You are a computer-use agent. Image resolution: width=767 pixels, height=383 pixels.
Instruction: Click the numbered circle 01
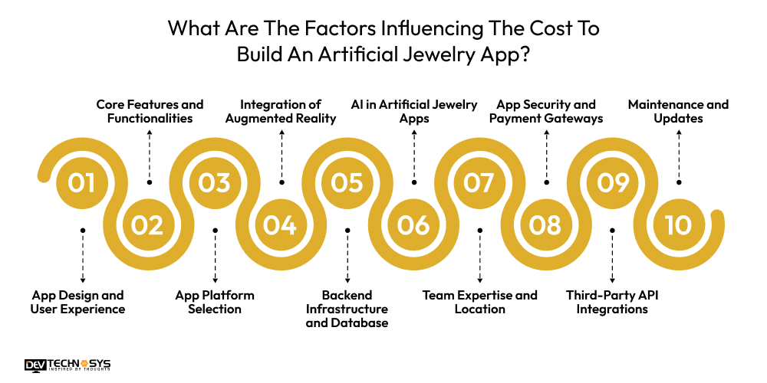pos(81,183)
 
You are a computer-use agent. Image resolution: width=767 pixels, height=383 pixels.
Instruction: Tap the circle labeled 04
pos(280,225)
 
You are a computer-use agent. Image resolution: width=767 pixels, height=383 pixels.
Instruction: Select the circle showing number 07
pos(479,183)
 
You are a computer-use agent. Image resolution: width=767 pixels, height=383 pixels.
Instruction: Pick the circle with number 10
pos(678,225)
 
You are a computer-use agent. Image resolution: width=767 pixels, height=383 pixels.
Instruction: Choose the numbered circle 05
pos(347,183)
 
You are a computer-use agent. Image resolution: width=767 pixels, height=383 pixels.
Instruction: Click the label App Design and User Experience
pos(77,302)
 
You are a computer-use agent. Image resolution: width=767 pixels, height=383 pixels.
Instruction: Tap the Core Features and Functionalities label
pos(150,111)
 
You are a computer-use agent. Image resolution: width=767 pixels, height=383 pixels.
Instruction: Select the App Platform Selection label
pos(215,302)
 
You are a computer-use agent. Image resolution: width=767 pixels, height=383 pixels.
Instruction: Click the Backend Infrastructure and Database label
pos(347,309)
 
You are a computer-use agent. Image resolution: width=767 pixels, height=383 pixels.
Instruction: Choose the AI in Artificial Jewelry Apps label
pos(414,111)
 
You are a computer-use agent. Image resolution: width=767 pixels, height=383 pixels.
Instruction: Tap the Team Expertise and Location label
pos(480,302)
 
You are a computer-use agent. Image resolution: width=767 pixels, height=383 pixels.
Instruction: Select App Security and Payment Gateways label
pos(546,111)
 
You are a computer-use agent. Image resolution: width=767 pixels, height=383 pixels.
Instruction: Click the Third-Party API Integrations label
pos(611,302)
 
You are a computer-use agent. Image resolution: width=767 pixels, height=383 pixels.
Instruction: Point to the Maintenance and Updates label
pos(678,111)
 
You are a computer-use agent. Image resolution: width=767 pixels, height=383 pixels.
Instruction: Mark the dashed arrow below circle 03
pos(215,257)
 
